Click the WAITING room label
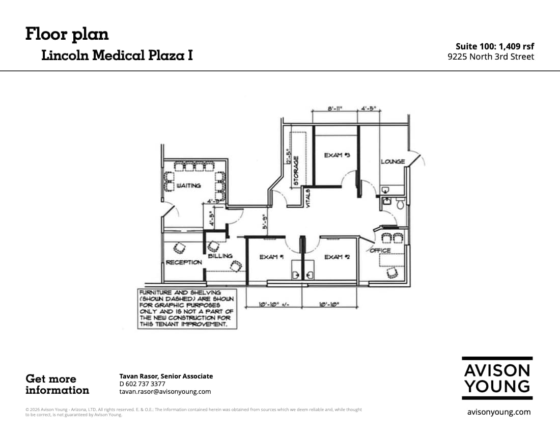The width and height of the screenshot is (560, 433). click(x=188, y=186)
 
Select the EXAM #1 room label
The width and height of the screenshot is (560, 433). click(x=271, y=257)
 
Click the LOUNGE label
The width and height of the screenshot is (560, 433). click(x=393, y=161)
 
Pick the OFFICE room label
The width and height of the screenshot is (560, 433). click(x=380, y=250)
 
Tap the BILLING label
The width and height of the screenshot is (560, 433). click(x=220, y=256)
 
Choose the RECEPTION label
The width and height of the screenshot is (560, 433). click(x=184, y=262)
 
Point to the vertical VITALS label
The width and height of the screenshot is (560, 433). click(x=308, y=197)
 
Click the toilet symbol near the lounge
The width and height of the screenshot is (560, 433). click(x=400, y=204)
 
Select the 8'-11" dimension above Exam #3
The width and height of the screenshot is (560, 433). click(x=334, y=109)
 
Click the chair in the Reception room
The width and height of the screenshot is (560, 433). click(x=180, y=248)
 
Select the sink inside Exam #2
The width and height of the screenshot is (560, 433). click(x=310, y=274)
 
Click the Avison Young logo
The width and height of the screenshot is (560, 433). click(x=497, y=377)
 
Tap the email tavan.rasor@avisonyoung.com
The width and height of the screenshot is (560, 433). click(x=165, y=392)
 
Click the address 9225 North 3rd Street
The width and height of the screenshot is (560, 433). click(x=491, y=57)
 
